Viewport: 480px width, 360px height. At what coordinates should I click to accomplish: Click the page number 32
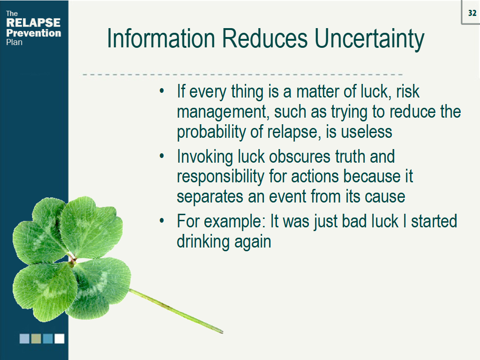[x=472, y=13]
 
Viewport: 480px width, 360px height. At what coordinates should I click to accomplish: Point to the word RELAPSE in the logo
[x=33, y=23]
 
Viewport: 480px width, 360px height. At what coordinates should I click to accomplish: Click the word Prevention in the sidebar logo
[x=33, y=33]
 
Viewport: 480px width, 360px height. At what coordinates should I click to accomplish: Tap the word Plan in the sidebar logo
[x=14, y=42]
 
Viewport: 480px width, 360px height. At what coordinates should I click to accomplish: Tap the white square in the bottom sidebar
[x=60, y=338]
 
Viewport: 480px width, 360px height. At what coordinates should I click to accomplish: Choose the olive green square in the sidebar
[x=36, y=338]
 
